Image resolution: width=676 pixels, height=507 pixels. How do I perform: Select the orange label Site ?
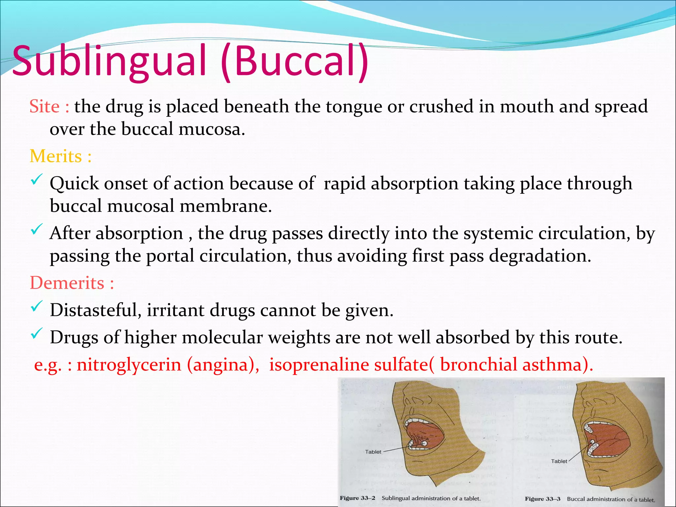click(49, 107)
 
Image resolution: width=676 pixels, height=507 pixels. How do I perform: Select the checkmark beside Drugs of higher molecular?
click(36, 334)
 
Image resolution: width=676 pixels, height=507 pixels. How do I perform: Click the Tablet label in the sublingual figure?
click(373, 452)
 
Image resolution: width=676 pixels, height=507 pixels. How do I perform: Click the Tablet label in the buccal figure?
click(559, 461)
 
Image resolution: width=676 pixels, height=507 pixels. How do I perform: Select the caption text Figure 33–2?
click(357, 498)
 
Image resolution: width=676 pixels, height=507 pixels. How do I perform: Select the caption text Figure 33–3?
click(542, 499)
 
